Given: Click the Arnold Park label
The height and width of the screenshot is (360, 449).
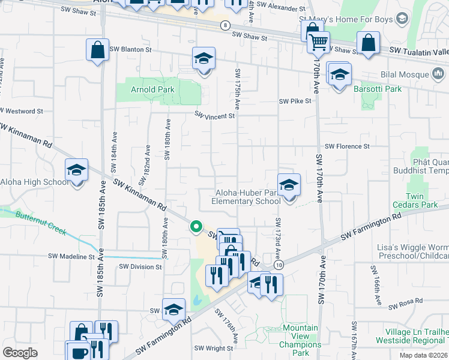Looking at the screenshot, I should (152, 90).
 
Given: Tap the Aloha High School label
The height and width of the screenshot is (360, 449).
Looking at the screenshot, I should (34, 182).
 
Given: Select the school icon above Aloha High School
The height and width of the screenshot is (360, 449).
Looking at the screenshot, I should (77, 170).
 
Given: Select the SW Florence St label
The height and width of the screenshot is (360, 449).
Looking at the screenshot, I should (347, 146).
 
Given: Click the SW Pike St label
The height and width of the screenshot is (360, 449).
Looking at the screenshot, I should (295, 101).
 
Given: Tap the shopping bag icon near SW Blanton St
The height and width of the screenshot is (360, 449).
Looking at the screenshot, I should (97, 50).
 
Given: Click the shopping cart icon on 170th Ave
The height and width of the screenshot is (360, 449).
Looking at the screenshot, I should (318, 42).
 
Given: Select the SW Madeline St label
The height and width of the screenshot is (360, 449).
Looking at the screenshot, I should (71, 256).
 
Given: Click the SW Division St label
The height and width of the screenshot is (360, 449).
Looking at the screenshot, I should (140, 266).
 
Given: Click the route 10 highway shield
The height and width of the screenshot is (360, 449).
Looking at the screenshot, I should (279, 264).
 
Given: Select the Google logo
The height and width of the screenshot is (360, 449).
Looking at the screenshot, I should (20, 353).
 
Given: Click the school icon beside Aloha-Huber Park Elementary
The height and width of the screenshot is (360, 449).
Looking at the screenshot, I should (289, 185).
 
